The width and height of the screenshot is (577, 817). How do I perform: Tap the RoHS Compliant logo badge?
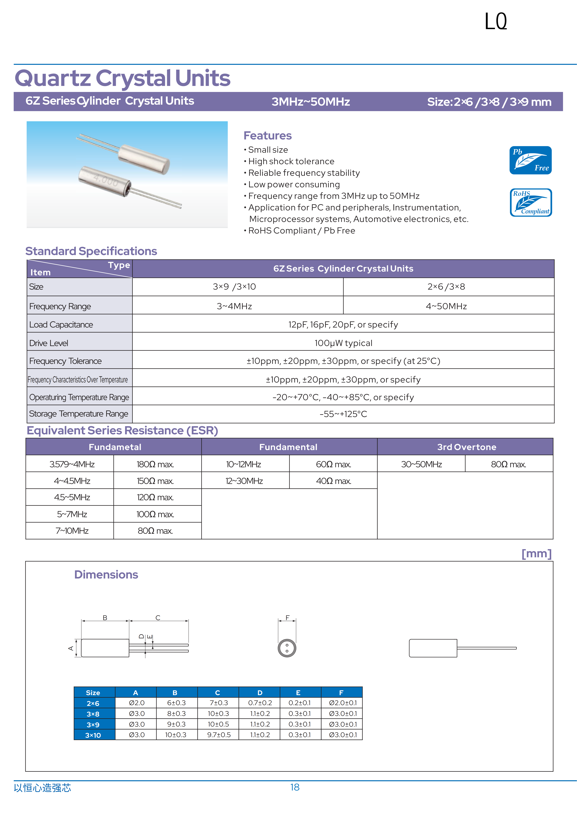click(x=530, y=202)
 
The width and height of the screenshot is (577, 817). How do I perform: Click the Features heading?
click(x=267, y=136)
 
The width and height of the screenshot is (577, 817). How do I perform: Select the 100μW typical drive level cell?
click(x=343, y=343)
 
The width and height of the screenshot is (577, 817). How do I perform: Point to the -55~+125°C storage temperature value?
click(x=343, y=414)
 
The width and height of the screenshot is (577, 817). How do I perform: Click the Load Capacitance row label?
click(x=61, y=325)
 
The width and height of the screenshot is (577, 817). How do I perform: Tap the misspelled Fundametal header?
click(x=115, y=447)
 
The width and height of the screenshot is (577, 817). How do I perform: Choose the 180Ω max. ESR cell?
click(x=155, y=464)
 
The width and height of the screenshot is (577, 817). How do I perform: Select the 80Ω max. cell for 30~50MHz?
click(x=508, y=464)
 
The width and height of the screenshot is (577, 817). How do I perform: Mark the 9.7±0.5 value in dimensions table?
click(x=219, y=735)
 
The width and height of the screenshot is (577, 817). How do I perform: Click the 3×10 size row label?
click(x=93, y=735)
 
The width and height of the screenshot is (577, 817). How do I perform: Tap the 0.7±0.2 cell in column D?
click(x=260, y=703)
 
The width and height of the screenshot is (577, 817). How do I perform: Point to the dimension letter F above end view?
click(x=287, y=618)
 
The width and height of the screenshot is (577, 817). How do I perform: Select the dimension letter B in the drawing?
click(x=105, y=618)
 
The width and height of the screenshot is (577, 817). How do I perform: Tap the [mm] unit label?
click(x=536, y=554)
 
